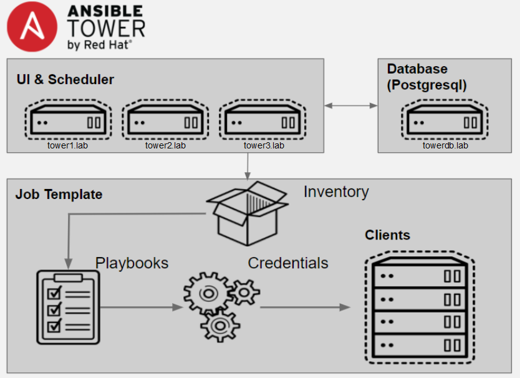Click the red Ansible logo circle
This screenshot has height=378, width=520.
pos(32,27)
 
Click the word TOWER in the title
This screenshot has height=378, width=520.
pos(107,28)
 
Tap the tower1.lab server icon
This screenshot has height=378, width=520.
pos(68,120)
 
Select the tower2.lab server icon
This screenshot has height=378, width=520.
pos(165,120)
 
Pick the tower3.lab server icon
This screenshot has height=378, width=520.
pos(262,120)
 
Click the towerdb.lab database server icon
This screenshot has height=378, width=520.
pos(445,120)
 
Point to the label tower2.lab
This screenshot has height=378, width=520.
pos(165,145)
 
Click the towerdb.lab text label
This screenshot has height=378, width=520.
pos(445,145)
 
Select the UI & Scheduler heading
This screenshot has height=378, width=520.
pos(65,80)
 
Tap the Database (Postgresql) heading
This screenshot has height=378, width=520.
pos(427,77)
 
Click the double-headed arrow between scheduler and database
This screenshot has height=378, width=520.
pos(351,105)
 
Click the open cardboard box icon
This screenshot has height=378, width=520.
pos(248,213)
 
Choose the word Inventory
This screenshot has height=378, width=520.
pos(336,192)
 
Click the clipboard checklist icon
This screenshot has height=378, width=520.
pos(69,308)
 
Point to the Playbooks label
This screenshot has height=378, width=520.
pos(132,263)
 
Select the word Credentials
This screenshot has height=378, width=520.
pos(288,263)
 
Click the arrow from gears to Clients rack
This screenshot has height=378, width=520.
pos(305,308)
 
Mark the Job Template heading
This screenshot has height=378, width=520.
pos(59,195)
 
